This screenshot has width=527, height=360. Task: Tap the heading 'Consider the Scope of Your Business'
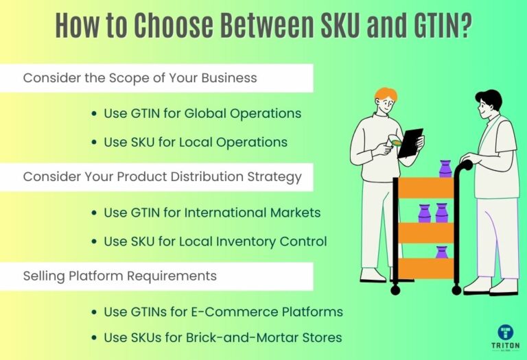pos(140,78)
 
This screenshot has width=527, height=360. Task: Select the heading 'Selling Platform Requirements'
pos(120,276)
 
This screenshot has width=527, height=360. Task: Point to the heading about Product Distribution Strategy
pos(162,177)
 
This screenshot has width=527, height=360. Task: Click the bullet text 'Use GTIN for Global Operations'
pos(202,113)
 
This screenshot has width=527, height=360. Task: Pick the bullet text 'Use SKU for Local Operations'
pos(196,143)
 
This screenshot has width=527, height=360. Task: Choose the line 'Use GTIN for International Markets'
pos(212,213)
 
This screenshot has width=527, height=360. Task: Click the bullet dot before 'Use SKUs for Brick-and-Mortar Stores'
pos(94,337)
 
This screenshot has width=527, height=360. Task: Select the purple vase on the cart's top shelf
pos(445,169)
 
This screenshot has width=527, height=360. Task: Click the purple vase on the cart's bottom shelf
pos(441,252)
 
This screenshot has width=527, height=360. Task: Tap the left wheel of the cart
pos(395,290)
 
